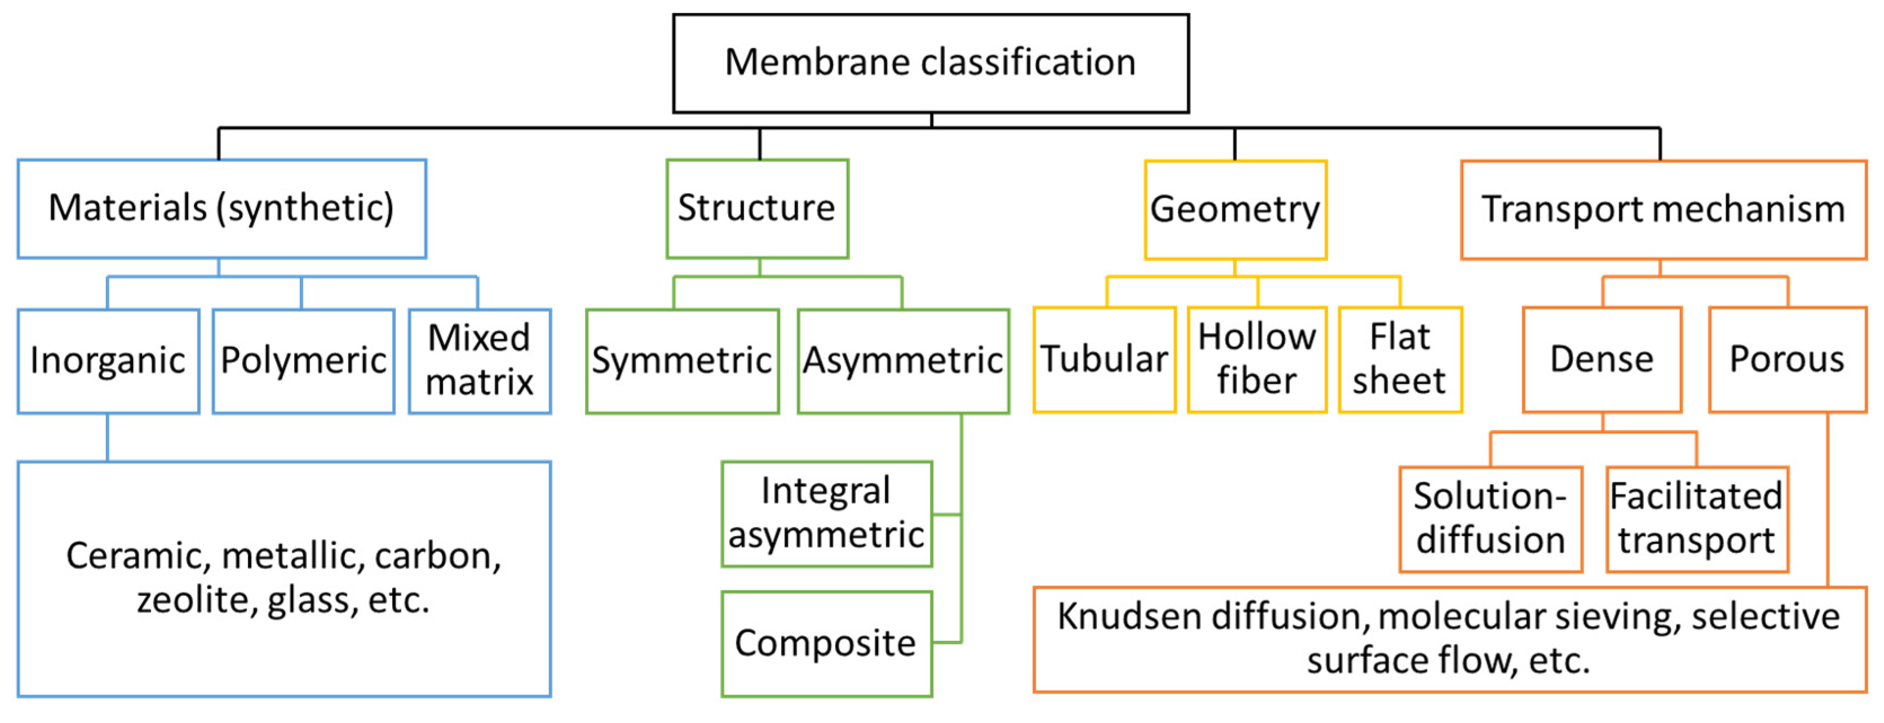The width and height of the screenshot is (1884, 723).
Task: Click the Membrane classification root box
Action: point(930,64)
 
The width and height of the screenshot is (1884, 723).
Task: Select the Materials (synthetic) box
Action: point(221,209)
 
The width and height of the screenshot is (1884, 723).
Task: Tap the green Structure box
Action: point(757,209)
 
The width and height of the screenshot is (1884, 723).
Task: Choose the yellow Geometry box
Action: point(1235,210)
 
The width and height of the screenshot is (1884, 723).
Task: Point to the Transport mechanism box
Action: point(1663,210)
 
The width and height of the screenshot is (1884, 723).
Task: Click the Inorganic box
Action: point(108,361)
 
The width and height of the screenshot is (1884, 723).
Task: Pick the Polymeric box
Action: point(304,361)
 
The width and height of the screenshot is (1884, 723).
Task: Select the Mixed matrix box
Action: point(480,361)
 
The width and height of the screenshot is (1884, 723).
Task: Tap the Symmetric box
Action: point(682,361)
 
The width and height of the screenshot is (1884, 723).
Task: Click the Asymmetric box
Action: point(903,361)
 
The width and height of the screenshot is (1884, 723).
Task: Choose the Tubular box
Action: point(1105,360)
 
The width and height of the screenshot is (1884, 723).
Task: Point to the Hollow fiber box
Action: point(1257,360)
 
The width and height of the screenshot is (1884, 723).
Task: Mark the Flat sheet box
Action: point(1400,360)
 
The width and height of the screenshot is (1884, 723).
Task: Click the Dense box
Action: point(1602,360)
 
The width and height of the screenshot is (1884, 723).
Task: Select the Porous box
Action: point(1788,360)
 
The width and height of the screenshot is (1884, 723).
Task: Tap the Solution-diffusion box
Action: point(1491,519)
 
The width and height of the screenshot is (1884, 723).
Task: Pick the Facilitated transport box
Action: point(1697,519)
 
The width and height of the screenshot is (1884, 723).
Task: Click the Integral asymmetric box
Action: point(826,514)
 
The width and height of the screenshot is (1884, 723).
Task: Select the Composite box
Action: point(826,644)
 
